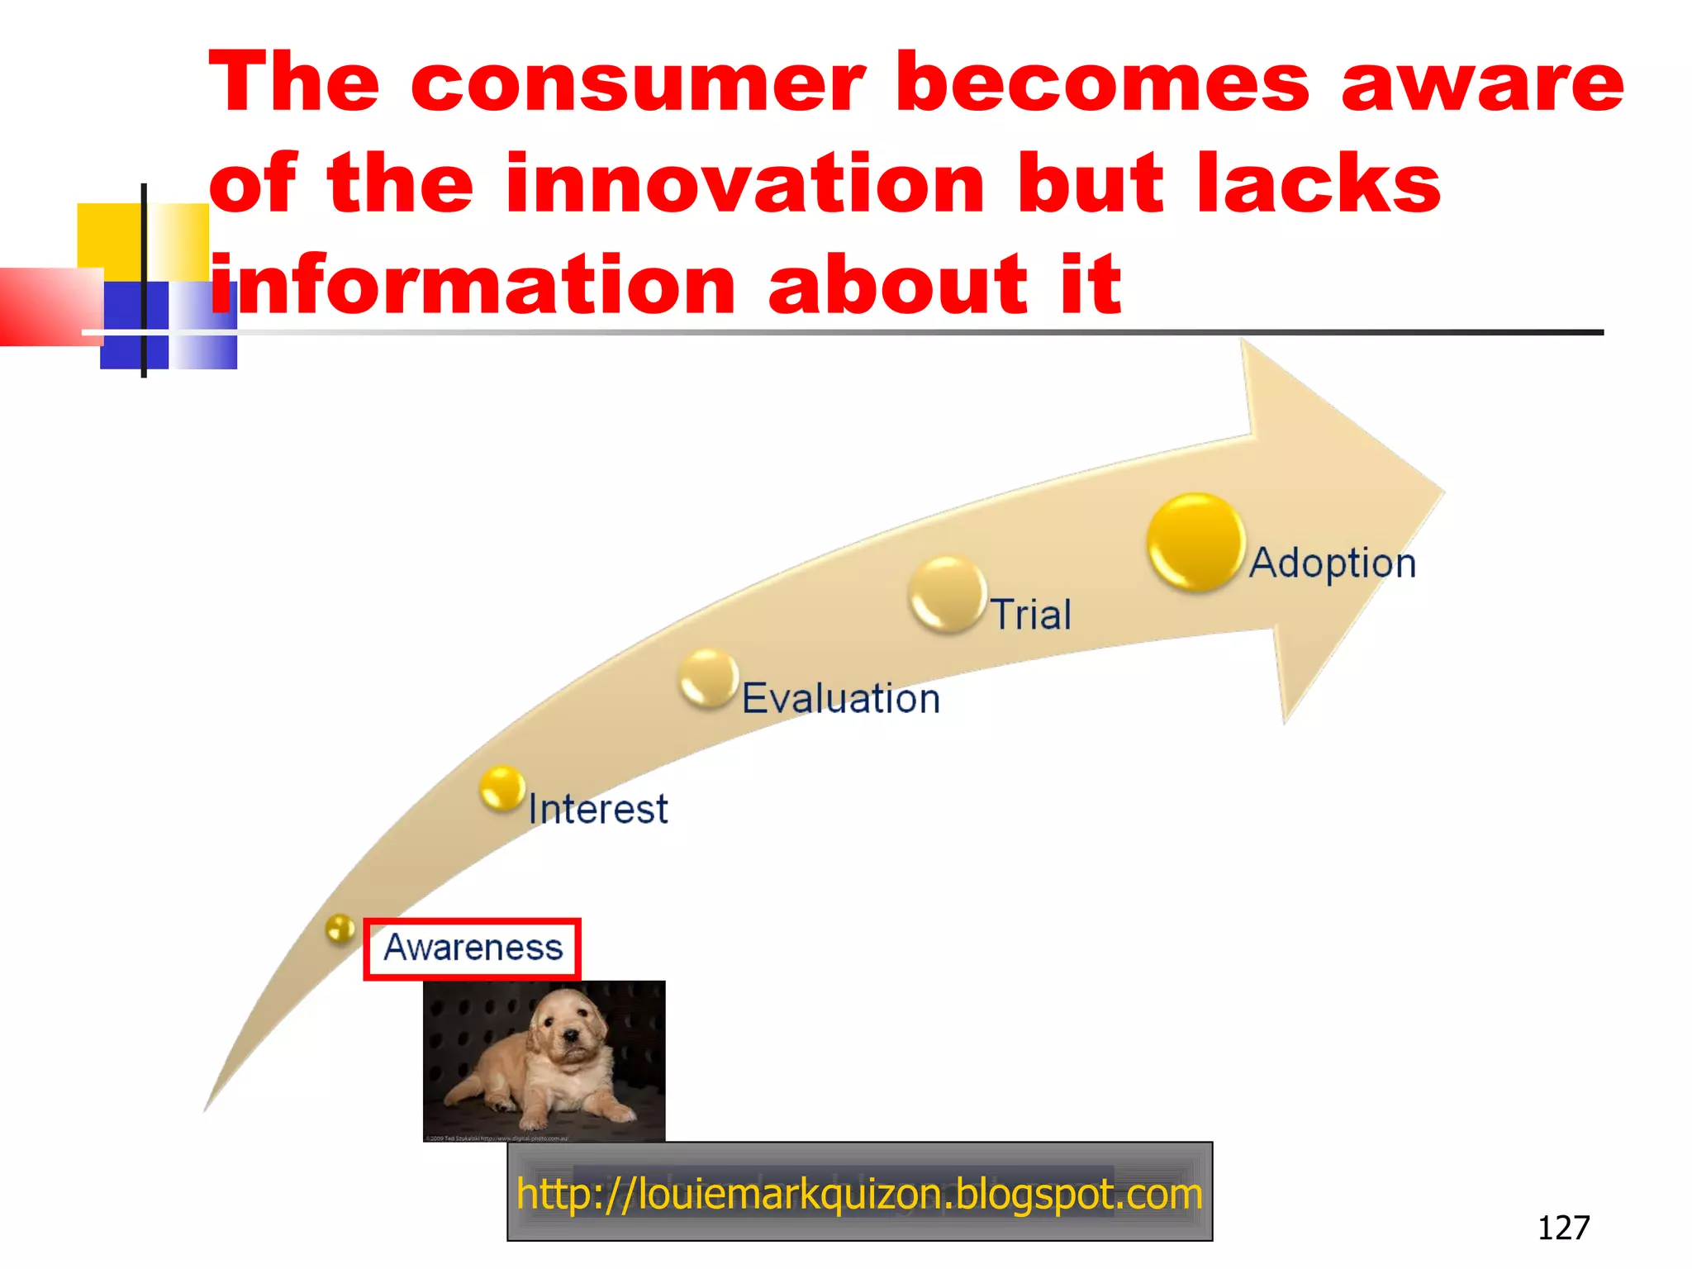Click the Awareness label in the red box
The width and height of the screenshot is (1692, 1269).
pos(473,948)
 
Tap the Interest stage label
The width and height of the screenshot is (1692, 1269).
pos(597,809)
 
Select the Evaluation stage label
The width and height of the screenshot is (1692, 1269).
pos(841,699)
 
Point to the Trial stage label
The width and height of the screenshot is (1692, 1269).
pos(1031,615)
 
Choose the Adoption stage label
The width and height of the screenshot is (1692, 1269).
pos(1333,563)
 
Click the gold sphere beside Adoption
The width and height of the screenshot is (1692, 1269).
pos(1195,542)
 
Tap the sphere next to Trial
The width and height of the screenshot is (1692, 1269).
pos(947,594)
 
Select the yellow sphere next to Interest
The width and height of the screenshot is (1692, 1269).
pos(501,787)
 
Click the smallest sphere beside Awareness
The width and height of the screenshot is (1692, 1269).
pos(340,929)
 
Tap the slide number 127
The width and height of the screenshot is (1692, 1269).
pos(1563,1228)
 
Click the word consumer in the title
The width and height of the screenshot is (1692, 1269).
pos(638,83)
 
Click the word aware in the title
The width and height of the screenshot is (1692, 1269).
pos(1482,83)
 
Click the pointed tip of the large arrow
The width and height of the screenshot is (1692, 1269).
pos(1442,492)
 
